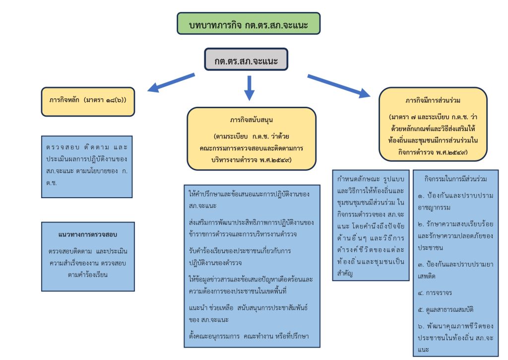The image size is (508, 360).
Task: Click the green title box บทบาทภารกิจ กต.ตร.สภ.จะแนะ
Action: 249,24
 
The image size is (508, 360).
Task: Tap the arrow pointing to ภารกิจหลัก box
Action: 171,83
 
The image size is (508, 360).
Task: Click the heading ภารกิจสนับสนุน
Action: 252,120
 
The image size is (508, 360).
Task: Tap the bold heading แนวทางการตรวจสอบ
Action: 87,233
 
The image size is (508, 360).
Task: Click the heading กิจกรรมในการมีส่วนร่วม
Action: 455,178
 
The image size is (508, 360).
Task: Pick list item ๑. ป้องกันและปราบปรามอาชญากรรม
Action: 455,201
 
